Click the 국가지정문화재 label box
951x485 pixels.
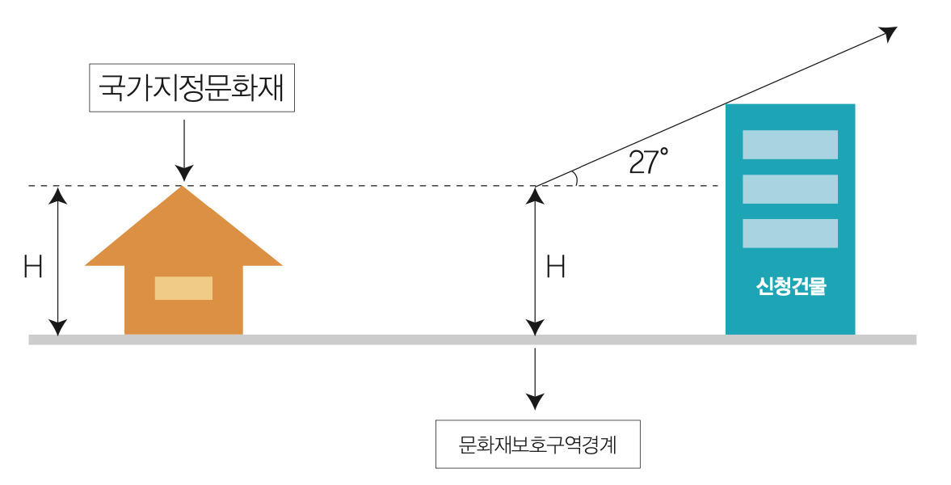191,87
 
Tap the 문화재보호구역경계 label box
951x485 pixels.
537,445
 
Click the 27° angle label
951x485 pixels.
648,162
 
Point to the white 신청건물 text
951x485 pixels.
790,287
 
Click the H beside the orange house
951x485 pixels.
33,268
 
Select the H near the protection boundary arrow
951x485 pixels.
556,268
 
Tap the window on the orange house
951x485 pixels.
183,289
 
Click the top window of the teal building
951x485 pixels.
789,145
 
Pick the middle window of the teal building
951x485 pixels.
789,189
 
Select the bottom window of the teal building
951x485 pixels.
789,234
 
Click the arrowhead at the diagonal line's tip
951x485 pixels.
890,33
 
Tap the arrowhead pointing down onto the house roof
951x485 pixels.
184,173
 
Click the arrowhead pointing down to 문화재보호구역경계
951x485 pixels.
534,401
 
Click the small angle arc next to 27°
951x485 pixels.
574,179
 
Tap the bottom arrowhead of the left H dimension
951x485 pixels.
57,327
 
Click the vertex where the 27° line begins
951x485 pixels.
535,186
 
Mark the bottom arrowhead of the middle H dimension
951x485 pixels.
534,327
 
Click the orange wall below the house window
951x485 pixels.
183,317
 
